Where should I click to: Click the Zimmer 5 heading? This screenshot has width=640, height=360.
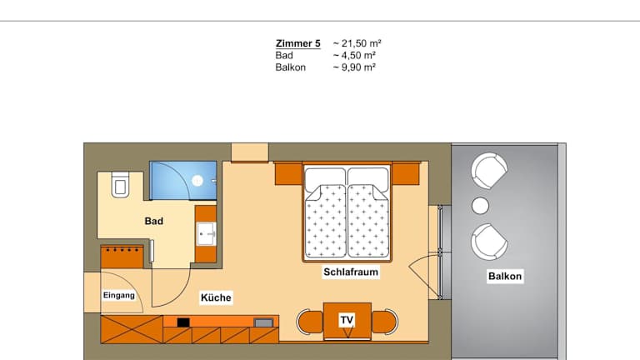tap(298, 43)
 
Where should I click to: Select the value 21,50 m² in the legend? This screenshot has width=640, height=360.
tap(361, 43)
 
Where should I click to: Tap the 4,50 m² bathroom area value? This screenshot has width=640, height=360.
tap(358, 55)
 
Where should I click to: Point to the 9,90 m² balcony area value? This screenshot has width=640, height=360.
tap(358, 67)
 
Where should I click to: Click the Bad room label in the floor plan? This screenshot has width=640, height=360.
tap(154, 221)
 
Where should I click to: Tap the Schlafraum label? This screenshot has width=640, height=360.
tap(351, 272)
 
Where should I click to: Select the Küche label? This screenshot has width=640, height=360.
tap(216, 297)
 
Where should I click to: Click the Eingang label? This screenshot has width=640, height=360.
tap(119, 295)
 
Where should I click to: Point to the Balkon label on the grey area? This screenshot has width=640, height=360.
tap(505, 277)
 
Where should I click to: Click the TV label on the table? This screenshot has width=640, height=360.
tap(347, 320)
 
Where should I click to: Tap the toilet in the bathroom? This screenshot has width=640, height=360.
tap(120, 184)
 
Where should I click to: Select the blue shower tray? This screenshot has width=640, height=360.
tap(182, 180)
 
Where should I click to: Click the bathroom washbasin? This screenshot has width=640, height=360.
tap(207, 234)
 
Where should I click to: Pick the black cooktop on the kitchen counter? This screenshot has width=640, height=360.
tap(183, 322)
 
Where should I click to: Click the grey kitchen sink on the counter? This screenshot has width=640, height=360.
tap(263, 322)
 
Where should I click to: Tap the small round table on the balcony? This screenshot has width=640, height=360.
tap(480, 206)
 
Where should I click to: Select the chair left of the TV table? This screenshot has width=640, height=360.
tap(310, 321)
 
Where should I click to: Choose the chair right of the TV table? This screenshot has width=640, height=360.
tap(384, 321)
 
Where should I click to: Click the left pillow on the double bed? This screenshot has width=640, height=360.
tap(325, 178)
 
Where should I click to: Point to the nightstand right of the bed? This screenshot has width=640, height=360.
tap(406, 174)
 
